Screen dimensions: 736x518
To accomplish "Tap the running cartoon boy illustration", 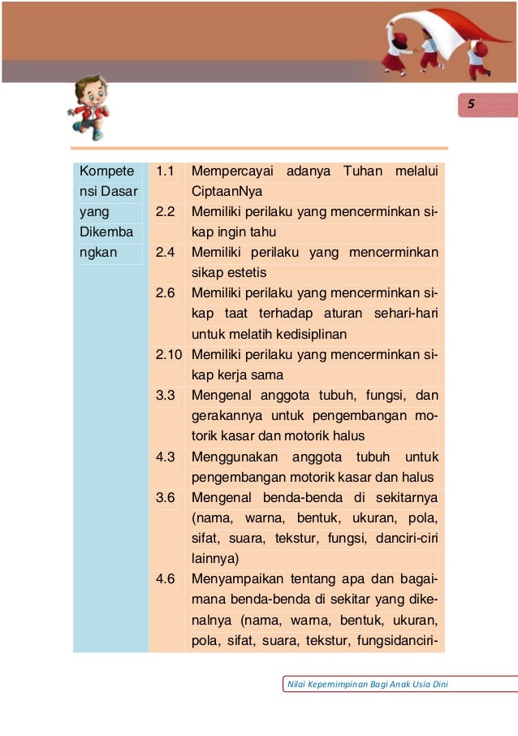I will point(89,106).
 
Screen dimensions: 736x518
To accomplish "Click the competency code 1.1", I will point(166,171).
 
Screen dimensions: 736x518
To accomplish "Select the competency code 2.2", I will point(166,212).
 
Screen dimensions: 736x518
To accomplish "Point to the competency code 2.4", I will point(166,252).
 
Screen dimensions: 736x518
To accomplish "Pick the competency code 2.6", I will point(166,292).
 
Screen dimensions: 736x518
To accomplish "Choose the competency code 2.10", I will point(169,355).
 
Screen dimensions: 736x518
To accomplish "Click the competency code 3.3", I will point(166,396).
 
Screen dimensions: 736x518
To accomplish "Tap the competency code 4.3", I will point(166,457).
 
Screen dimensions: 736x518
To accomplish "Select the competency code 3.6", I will point(166,497).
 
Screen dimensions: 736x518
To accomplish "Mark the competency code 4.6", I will point(166,579).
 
